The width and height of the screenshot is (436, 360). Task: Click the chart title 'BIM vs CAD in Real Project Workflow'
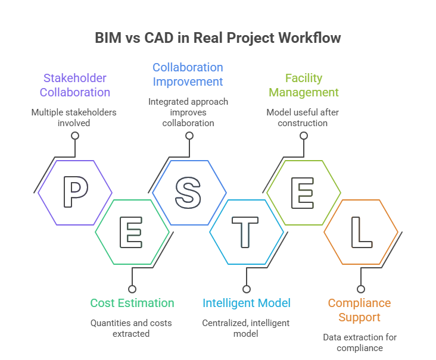tap(218, 37)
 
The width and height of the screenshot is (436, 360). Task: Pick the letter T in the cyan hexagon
tap(246, 231)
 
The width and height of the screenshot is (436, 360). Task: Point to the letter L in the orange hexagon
tap(361, 231)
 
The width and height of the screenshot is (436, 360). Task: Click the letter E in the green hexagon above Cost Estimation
tap(132, 231)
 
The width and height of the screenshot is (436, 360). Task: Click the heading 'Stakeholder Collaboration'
tap(75, 85)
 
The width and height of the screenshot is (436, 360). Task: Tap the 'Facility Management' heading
tap(303, 85)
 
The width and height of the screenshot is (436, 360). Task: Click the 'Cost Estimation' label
tap(132, 303)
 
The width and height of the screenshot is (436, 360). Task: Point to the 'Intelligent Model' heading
tap(247, 303)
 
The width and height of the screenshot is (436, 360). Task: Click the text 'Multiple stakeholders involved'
tap(75, 117)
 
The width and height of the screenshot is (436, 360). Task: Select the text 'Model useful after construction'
tap(303, 117)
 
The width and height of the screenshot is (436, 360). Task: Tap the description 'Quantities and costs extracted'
tap(132, 328)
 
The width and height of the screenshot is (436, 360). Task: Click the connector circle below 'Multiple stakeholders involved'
tap(75, 136)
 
